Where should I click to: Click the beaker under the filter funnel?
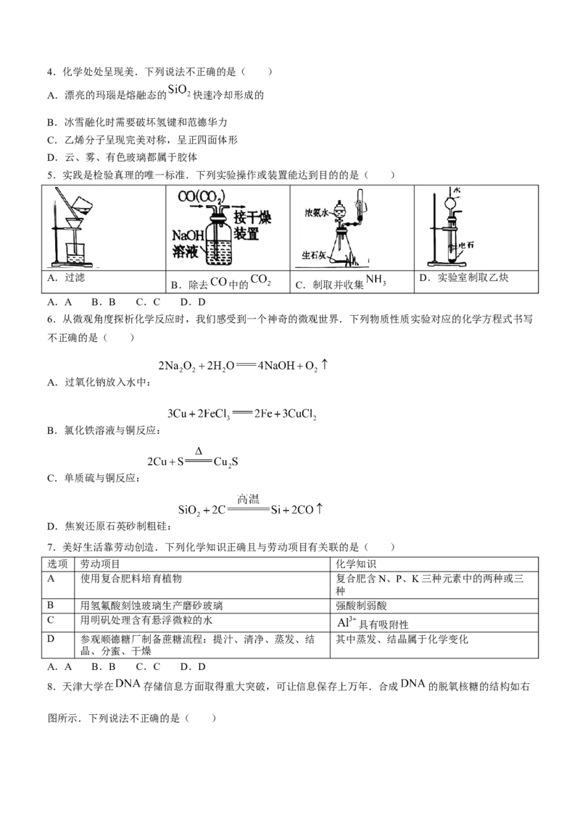tap(75, 254)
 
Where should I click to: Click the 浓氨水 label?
tap(316, 212)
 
